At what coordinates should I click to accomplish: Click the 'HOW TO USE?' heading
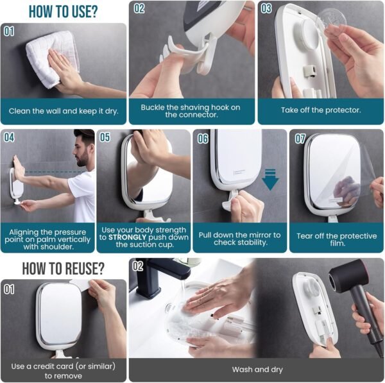tap(62, 11)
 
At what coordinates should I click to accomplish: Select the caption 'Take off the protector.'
tap(321, 110)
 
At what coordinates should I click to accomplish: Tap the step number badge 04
tap(9, 137)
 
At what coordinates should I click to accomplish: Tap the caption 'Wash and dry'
tap(255, 370)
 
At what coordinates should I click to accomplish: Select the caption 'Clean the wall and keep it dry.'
tap(63, 110)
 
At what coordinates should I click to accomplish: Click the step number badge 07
tap(300, 137)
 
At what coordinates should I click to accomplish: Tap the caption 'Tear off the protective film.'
tap(336, 240)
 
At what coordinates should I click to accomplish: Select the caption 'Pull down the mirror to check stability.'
tap(240, 239)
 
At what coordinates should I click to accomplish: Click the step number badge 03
tap(266, 9)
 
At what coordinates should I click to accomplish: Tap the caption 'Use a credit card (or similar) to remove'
tap(63, 370)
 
